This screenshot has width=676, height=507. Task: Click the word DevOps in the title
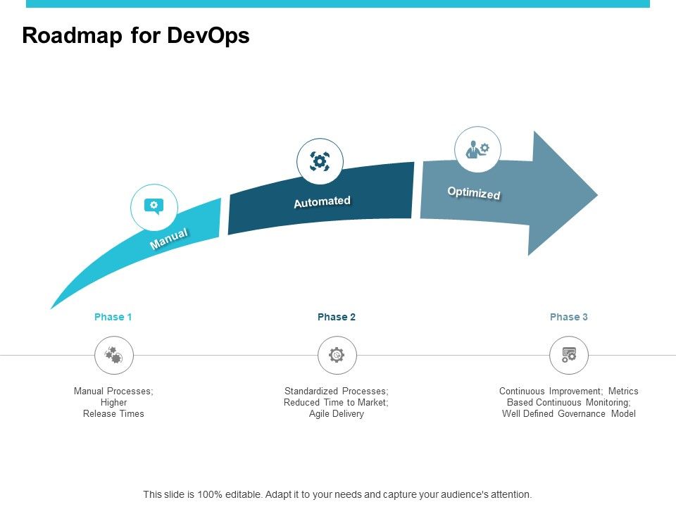coord(208,36)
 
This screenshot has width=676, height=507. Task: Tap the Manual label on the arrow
coord(169,239)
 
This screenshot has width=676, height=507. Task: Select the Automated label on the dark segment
coord(322,201)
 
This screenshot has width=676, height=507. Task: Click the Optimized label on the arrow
coord(474,193)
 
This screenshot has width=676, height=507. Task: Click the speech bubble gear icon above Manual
coord(154,206)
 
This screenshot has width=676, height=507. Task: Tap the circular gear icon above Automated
coord(320,161)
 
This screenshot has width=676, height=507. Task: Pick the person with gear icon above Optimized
coord(478,149)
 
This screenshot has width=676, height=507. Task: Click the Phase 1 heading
coord(113,317)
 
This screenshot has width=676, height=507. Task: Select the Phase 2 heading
coord(337,317)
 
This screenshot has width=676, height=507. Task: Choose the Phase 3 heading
coord(569,317)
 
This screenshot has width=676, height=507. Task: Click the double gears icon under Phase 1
coord(113,355)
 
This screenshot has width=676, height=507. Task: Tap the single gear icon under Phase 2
coord(337,355)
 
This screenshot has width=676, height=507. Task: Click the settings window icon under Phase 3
coord(569,355)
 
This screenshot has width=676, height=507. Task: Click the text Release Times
coord(113,414)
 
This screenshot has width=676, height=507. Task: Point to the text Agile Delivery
coord(337,414)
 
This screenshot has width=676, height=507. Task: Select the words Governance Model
coord(596,414)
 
